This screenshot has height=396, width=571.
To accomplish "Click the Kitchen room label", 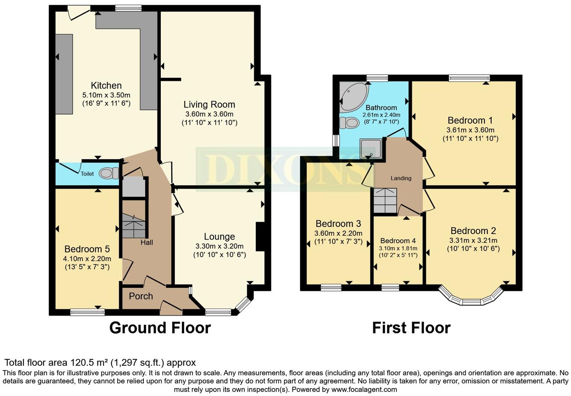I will [x=106, y=85].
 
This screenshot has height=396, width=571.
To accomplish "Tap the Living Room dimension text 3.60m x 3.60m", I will [x=209, y=114].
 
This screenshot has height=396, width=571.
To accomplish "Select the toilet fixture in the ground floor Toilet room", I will [x=109, y=173].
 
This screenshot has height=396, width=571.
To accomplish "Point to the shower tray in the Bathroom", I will [x=370, y=149].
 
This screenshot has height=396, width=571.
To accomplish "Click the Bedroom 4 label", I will [x=398, y=241].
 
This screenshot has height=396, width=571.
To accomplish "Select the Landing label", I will [x=401, y=178].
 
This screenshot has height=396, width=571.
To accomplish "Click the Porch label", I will [x=141, y=296].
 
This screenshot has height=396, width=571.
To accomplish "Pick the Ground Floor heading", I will [x=160, y=328].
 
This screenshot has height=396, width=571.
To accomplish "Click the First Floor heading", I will [x=411, y=328].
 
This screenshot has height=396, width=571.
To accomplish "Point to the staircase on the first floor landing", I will [x=385, y=200].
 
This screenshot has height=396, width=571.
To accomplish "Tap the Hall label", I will [x=147, y=243].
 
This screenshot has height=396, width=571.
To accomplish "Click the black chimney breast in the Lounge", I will [x=260, y=237].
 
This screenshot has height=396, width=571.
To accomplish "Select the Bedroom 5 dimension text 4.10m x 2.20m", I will [x=87, y=259].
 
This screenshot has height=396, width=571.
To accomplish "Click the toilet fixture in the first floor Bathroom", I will [x=349, y=123].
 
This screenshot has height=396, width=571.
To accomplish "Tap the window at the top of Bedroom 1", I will [x=469, y=78].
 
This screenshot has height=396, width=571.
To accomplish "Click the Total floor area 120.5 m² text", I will [x=100, y=363].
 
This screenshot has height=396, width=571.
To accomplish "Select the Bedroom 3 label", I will [x=338, y=224].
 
